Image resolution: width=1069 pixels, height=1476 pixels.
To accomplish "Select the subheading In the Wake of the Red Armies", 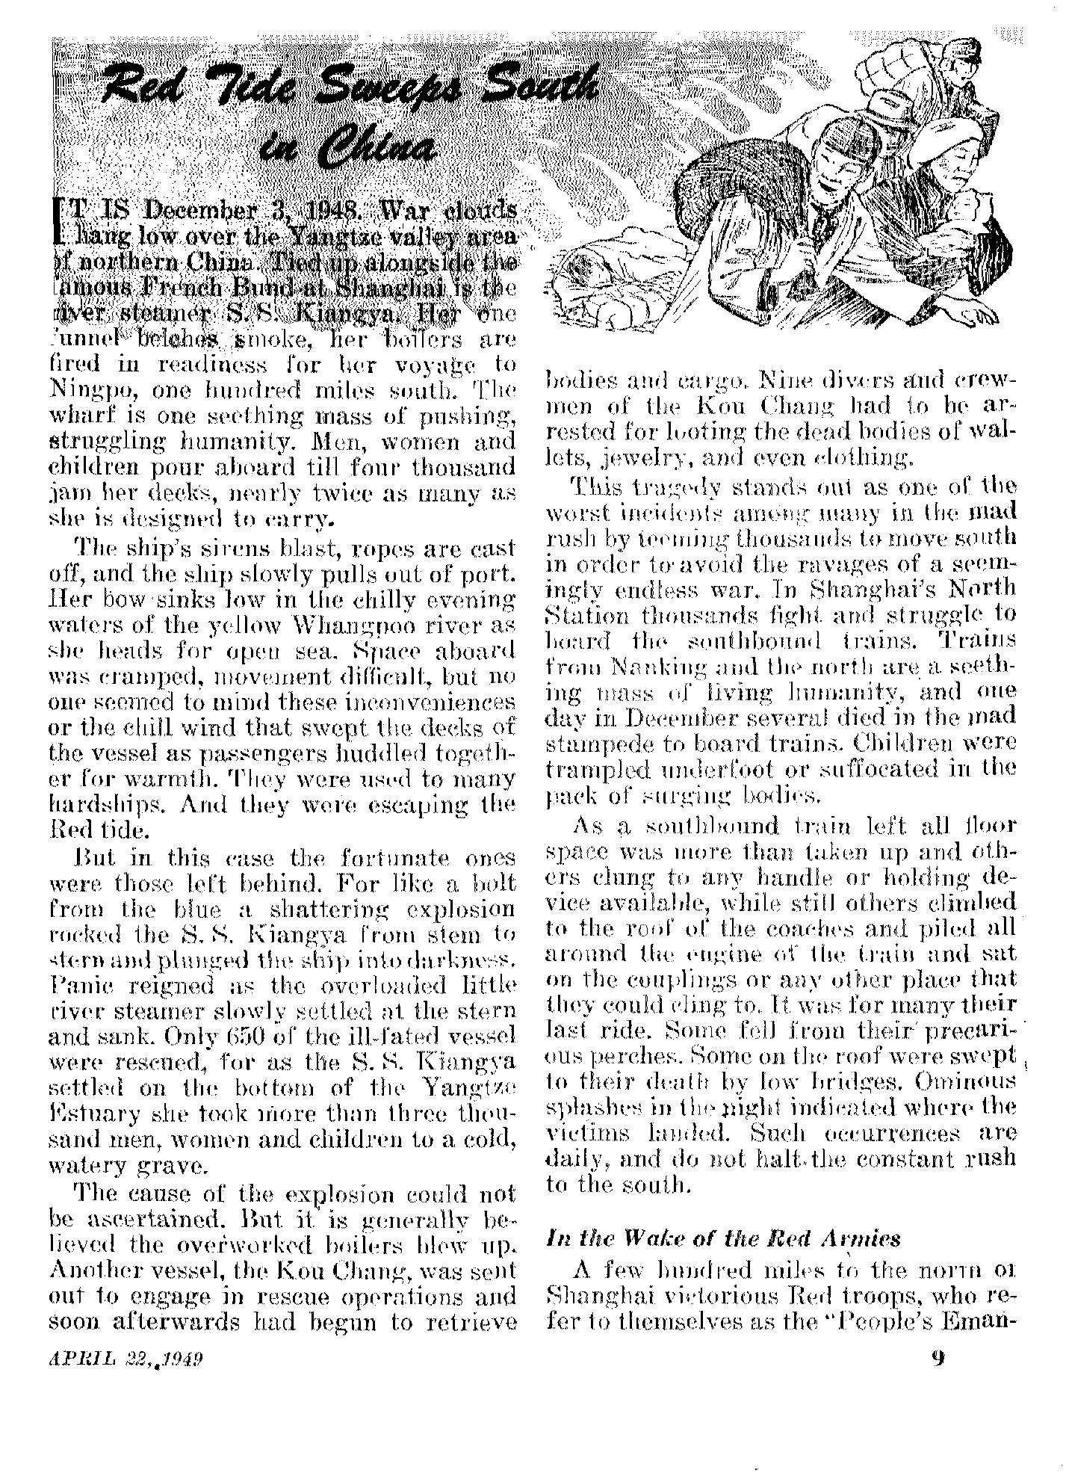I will coord(722,1237).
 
